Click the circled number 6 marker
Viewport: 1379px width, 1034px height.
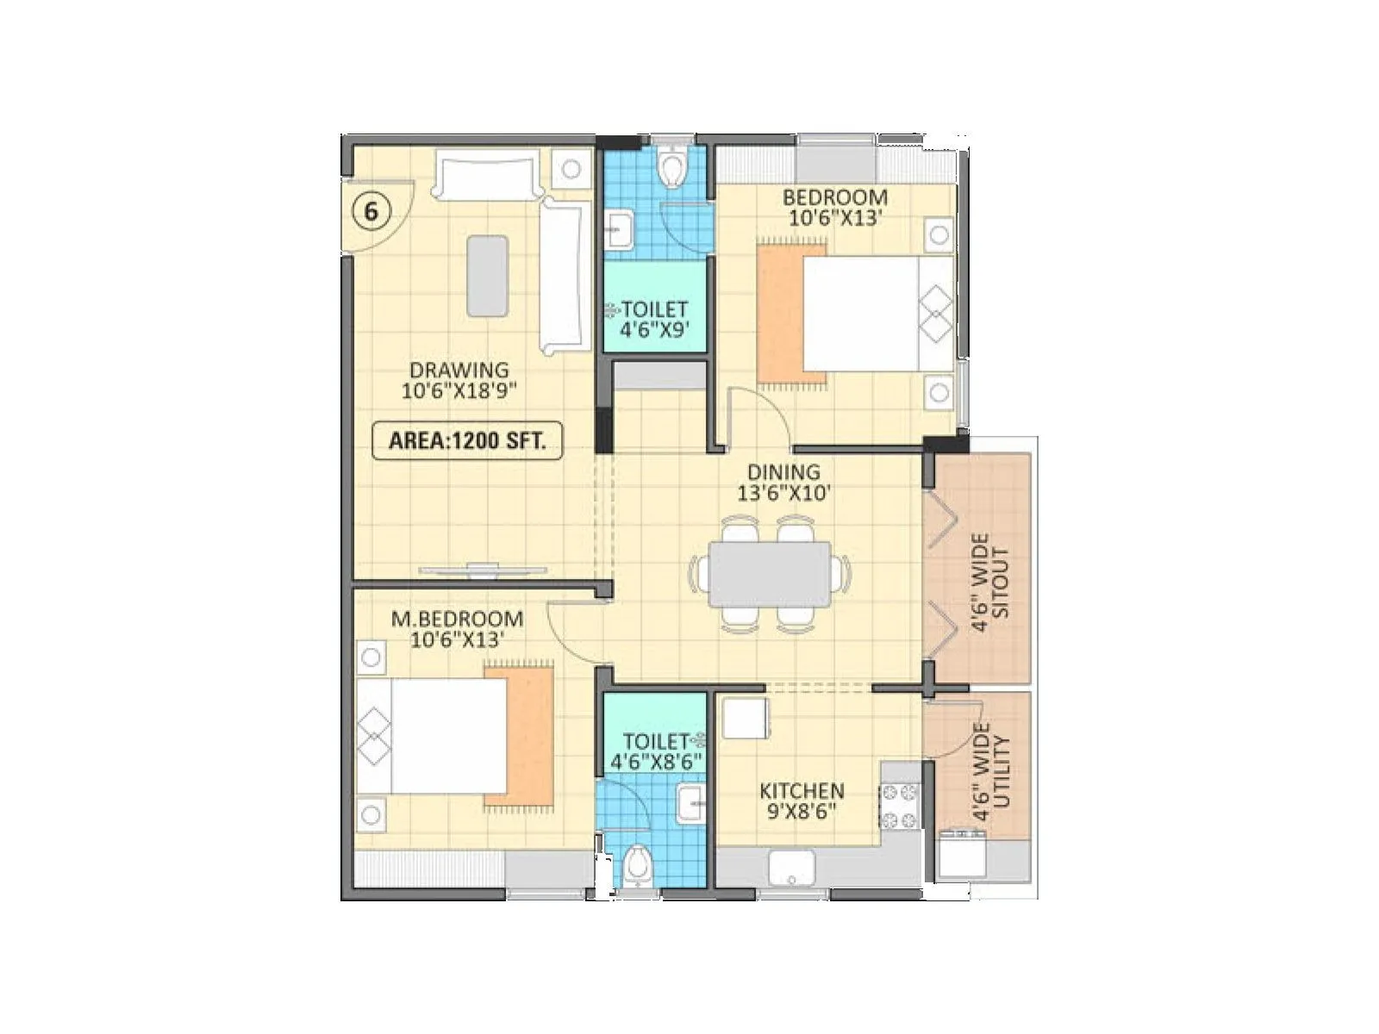[x=371, y=211]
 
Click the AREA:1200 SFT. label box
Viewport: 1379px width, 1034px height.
[x=466, y=440]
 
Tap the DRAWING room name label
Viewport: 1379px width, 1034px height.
[x=459, y=371]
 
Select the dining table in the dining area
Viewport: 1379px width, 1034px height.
[x=770, y=574]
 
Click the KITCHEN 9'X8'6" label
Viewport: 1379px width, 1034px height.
[x=801, y=800]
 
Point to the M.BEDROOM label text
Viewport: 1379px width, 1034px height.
[x=457, y=619]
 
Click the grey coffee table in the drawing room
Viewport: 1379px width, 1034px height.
[x=487, y=276]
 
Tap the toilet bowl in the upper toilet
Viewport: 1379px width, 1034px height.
[x=671, y=166]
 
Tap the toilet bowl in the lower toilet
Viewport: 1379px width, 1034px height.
[x=638, y=865]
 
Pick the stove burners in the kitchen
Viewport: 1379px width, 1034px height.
[x=900, y=806]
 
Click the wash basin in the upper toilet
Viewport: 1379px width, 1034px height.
[x=618, y=229]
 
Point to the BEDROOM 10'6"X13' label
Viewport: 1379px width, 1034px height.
[x=834, y=207]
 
